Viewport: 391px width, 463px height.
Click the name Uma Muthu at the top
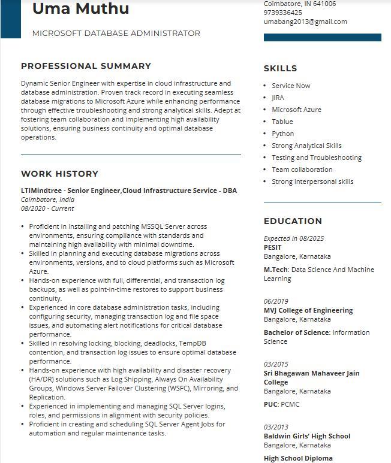coord(80,9)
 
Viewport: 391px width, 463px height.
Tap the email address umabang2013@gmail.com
coord(305,22)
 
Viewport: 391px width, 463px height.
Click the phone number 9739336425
coord(283,13)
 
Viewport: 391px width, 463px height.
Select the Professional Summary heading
coord(86,66)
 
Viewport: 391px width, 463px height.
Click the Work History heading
coord(59,174)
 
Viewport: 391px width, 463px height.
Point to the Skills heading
coord(280,68)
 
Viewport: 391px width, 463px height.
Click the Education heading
coord(293,221)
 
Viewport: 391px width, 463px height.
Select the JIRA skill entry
coord(278,98)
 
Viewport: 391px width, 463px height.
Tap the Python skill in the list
coord(282,134)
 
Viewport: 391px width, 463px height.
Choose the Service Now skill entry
coord(291,86)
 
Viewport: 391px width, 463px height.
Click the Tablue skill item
coord(282,122)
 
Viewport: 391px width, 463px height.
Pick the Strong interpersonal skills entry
coord(312,181)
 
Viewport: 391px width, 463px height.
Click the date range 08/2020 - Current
coord(47,208)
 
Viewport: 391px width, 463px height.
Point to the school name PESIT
coord(272,247)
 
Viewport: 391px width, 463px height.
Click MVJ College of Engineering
coord(308,310)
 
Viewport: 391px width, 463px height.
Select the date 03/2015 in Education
coord(276,364)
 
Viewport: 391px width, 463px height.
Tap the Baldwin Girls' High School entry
coord(307,436)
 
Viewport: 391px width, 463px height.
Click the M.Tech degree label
coord(275,270)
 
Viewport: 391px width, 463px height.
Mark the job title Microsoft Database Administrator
coord(116,34)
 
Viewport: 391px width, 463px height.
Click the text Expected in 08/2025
coord(293,238)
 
